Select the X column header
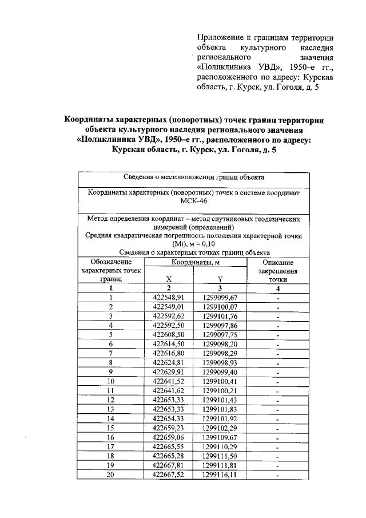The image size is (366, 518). [169, 280]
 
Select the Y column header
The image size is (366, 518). [220, 280]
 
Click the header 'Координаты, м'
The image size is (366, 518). [194, 262]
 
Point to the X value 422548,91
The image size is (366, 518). [169, 298]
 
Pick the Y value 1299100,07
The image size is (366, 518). [220, 307]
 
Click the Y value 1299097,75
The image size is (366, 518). [220, 334]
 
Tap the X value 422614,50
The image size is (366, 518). [169, 343]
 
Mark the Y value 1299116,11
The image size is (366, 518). [220, 474]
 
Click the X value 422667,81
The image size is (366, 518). [169, 465]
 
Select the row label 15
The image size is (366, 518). [111, 427]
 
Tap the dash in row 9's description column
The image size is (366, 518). [277, 371]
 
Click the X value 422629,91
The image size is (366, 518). [169, 371]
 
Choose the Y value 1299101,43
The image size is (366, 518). [220, 399]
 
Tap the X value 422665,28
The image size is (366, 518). [169, 455]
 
